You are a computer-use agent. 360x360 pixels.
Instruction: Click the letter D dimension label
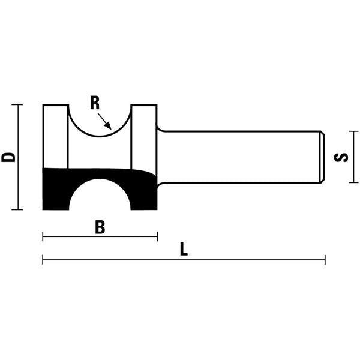8,157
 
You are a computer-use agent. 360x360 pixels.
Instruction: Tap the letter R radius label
95,103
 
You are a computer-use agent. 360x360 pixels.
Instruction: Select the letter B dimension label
100,227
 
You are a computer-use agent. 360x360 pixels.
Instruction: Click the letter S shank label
343,157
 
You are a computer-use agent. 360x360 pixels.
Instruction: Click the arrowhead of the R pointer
109,127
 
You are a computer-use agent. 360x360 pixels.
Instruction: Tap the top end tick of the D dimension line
17,105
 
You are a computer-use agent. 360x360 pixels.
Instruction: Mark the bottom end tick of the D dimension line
17,209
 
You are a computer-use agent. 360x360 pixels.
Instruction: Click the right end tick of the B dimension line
157,236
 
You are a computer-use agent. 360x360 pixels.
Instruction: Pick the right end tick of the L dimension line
325,260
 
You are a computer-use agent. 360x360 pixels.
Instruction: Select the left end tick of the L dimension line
43,260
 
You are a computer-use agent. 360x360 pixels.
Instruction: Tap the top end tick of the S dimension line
354,132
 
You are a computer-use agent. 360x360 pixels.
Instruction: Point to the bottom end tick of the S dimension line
354,183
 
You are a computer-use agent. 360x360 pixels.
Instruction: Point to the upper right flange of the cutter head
144,135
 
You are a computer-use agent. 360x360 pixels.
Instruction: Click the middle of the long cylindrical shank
240,157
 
